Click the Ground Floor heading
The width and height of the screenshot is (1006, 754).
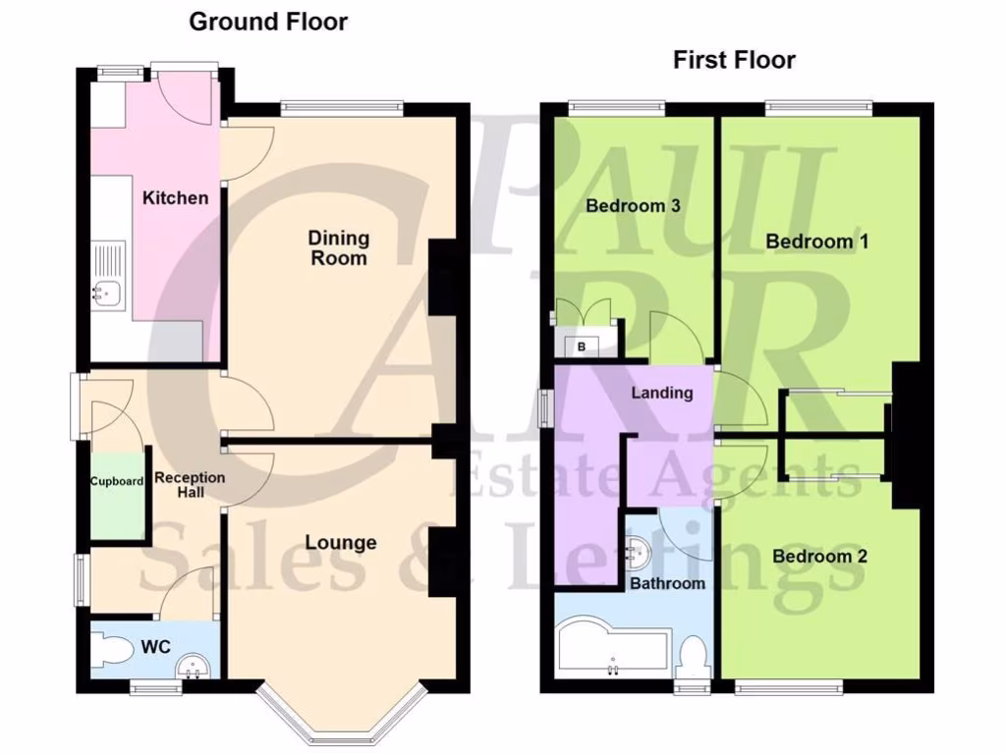267,22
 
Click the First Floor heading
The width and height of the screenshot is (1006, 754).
734,60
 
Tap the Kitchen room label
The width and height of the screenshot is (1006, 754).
176,198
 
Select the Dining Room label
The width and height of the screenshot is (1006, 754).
339,247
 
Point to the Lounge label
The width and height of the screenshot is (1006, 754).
340,542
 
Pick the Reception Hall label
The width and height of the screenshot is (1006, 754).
190,484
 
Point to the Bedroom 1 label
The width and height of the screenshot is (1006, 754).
817,242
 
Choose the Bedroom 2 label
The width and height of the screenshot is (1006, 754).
819,557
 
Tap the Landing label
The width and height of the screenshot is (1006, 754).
661,393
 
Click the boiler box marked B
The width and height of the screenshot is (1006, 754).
582,346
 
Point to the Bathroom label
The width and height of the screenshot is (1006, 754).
667,583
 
